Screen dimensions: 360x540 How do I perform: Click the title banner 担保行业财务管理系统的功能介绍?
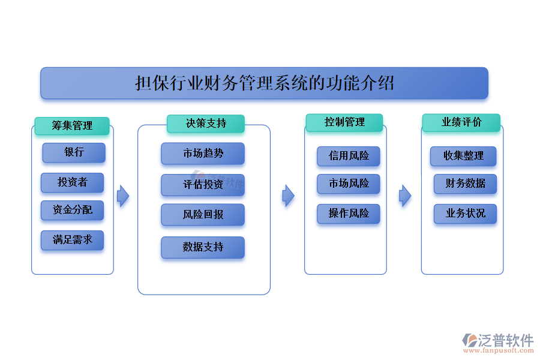[264, 83]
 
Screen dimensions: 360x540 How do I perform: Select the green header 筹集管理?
[72, 125]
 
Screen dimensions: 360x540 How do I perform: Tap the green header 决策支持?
[206, 124]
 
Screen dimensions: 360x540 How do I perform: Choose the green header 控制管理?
[344, 122]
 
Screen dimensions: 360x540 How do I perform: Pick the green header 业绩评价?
[461, 122]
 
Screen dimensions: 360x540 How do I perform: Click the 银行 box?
[74, 152]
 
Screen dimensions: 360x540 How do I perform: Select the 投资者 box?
[72, 182]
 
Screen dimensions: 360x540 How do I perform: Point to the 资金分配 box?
[72, 210]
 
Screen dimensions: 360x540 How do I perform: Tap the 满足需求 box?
[72, 240]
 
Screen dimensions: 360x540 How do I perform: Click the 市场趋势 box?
[203, 154]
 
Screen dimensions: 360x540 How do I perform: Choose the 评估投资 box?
[203, 185]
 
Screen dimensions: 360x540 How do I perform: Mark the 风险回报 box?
[203, 215]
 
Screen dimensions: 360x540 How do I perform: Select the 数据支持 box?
[203, 247]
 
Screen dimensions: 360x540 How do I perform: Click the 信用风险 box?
[349, 157]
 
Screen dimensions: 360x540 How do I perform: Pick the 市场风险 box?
[349, 184]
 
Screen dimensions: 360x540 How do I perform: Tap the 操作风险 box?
[349, 214]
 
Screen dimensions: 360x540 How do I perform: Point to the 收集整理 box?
[463, 156]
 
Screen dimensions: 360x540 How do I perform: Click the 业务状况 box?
[465, 214]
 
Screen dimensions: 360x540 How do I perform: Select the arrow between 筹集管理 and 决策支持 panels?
[123, 196]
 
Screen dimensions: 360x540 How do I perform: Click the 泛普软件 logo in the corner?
[497, 342]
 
